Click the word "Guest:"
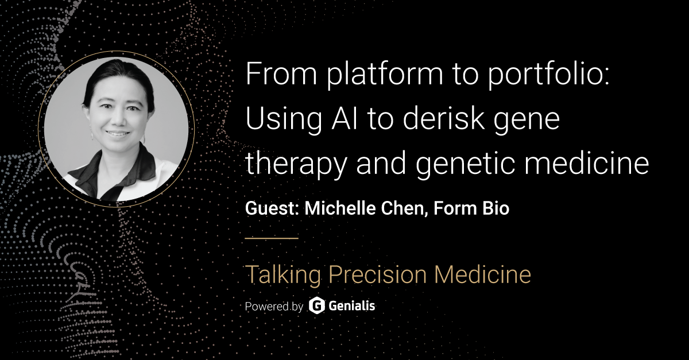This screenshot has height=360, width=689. (x=272, y=208)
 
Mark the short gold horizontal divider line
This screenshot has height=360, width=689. (x=272, y=237)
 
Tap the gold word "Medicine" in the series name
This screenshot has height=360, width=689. (x=482, y=274)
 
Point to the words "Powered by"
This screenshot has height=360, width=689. (x=274, y=306)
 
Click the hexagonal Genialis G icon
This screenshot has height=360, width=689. (x=316, y=305)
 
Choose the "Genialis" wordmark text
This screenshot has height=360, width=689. (x=352, y=305)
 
